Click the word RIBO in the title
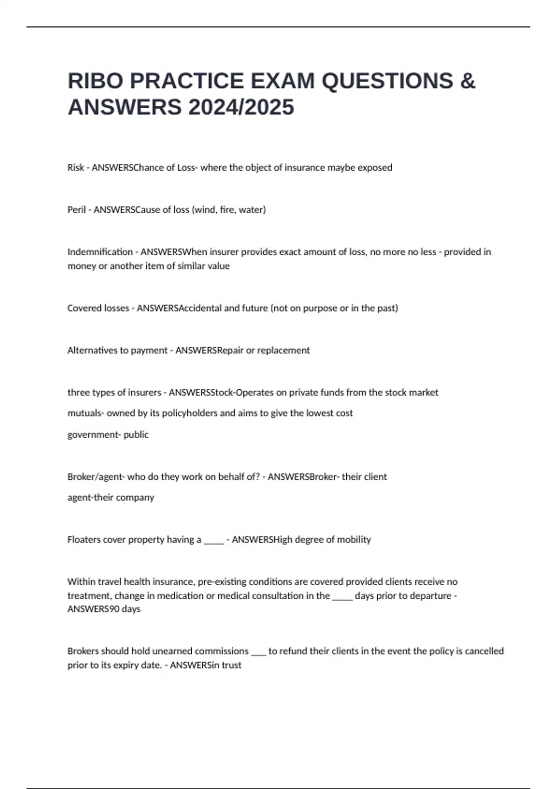pyautogui.click(x=96, y=81)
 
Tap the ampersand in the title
pyautogui.click(x=468, y=81)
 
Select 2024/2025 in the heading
pyautogui.click(x=241, y=107)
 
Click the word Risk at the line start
pyautogui.click(x=76, y=168)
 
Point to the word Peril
pyautogui.click(x=77, y=210)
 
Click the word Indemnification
pyautogui.click(x=100, y=252)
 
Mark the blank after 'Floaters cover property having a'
pyautogui.click(x=214, y=541)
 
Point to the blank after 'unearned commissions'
pyautogui.click(x=258, y=652)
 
